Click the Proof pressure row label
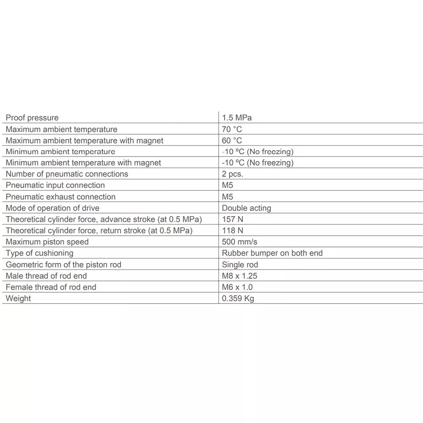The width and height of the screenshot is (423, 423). (x=32, y=118)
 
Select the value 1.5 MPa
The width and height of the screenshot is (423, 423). (x=236, y=118)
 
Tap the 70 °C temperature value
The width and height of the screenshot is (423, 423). (x=232, y=129)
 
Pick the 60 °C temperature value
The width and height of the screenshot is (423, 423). (x=232, y=140)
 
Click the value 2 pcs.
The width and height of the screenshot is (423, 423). (x=232, y=174)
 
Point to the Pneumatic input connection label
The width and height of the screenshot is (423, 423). (x=55, y=185)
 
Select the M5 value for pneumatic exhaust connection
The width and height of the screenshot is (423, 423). (x=227, y=197)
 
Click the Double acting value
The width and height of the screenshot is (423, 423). (x=246, y=208)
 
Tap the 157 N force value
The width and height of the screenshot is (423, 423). (x=232, y=219)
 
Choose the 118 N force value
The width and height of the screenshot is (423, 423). (x=232, y=231)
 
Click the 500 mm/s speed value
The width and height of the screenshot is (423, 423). (x=239, y=242)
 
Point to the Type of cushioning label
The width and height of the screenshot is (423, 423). (x=39, y=253)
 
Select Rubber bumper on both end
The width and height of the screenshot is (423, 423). (x=272, y=253)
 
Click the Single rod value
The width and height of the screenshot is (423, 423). (x=240, y=264)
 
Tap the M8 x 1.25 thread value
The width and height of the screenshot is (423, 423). (x=240, y=276)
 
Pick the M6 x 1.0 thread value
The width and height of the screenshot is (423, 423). (x=237, y=287)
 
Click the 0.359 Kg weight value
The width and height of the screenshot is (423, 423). (x=238, y=299)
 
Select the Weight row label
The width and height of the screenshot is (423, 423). (x=18, y=299)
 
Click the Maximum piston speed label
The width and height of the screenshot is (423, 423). (x=47, y=242)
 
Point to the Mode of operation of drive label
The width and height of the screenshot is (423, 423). (x=52, y=208)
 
